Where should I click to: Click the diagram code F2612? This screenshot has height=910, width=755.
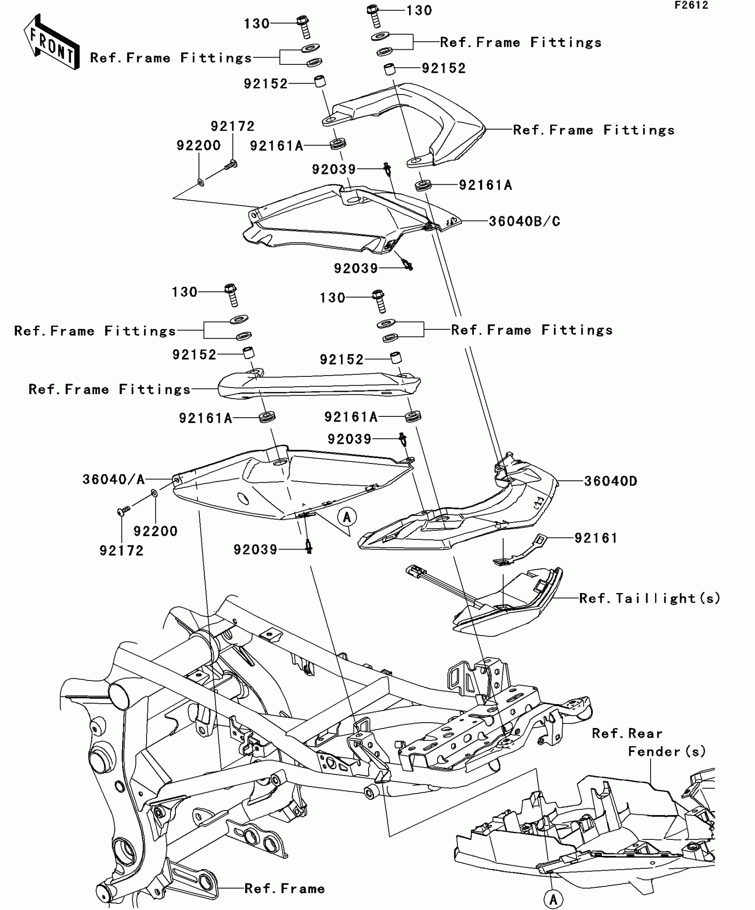(x=691, y=5)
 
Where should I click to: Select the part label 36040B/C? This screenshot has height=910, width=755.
(x=524, y=221)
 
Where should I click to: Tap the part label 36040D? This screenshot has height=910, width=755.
(x=610, y=481)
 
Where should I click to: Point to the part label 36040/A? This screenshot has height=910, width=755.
(x=113, y=479)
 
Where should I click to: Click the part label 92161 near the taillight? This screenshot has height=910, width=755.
(x=596, y=538)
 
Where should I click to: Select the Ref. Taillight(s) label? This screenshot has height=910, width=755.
(x=650, y=598)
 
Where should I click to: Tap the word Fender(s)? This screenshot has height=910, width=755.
(x=667, y=752)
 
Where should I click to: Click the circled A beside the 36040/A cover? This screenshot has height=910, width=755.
(x=347, y=517)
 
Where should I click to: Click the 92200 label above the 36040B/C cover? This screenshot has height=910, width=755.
(x=199, y=146)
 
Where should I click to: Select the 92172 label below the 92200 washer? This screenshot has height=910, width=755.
(x=121, y=550)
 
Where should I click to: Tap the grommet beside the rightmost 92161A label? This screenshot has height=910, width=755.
(x=423, y=185)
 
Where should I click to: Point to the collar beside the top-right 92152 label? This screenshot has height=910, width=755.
(x=389, y=70)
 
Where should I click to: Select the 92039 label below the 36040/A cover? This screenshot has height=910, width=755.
(x=255, y=550)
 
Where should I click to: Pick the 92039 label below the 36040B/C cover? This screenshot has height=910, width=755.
(x=356, y=268)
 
